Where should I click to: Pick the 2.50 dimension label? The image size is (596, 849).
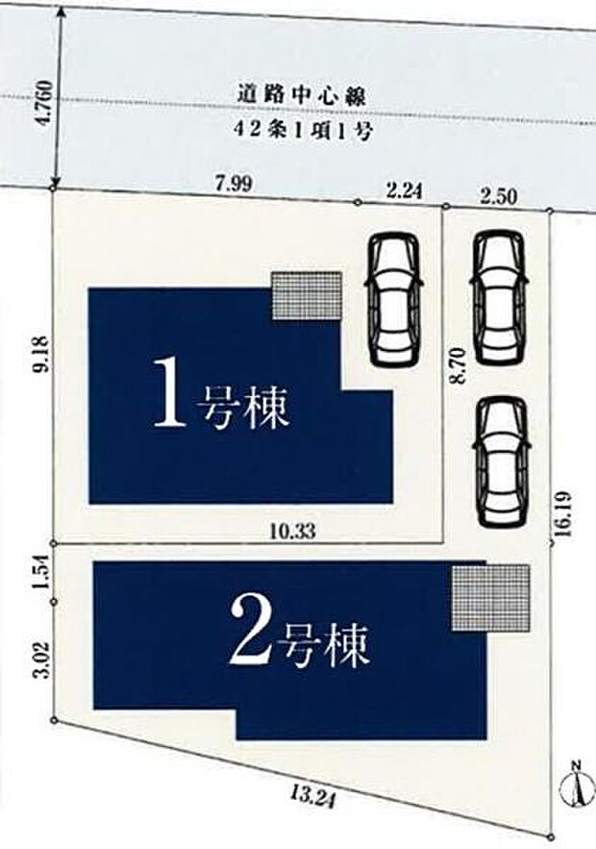pyautogui.click(x=499, y=196)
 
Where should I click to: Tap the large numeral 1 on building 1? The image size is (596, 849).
pyautogui.click(x=170, y=393)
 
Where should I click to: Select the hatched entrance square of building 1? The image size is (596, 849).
pyautogui.click(x=306, y=294)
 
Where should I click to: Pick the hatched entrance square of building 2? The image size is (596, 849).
pyautogui.click(x=490, y=597)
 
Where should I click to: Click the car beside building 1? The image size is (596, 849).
pyautogui.click(x=395, y=299)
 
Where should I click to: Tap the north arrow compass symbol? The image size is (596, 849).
pyautogui.click(x=575, y=786)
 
